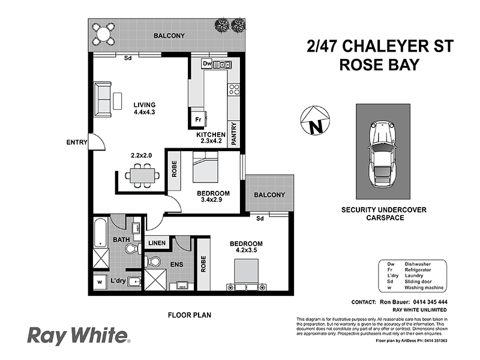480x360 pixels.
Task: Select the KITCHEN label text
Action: pyautogui.click(x=211, y=134)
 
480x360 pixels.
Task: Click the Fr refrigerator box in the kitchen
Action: pyautogui.click(x=197, y=119)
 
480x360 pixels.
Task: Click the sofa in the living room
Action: pyautogui.click(x=103, y=100)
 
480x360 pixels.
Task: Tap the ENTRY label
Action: pyautogui.click(x=77, y=142)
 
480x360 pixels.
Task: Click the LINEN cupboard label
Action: pyautogui.click(x=157, y=243)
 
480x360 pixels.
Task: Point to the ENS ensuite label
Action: pyautogui.click(x=176, y=264)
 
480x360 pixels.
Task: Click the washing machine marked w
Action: pyautogui.click(x=100, y=281)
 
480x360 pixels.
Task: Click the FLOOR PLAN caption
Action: pyautogui.click(x=190, y=314)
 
